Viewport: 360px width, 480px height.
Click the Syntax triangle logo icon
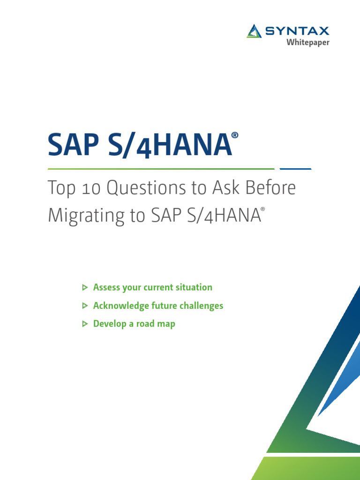[254, 31]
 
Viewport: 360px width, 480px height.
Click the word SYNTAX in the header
[297, 31]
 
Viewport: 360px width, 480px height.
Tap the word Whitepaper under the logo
[308, 43]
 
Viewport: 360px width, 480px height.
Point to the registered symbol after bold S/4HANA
[235, 135]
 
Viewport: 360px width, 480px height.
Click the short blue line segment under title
[295, 168]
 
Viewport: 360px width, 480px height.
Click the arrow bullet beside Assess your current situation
[84, 287]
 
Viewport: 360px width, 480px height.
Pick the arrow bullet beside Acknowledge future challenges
[84, 306]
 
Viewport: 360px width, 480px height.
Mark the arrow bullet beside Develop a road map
[84, 324]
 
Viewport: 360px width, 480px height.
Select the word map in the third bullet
[166, 324]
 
